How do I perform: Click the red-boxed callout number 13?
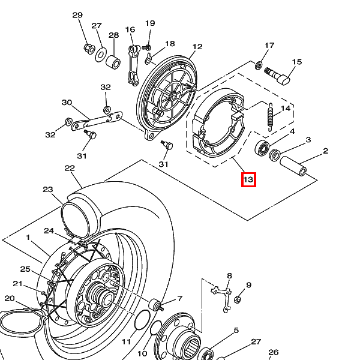pos(248,179)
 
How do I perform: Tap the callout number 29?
pos(77,15)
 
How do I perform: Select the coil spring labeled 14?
pos(271,118)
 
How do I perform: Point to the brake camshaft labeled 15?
pos(277,76)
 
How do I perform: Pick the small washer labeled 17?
pos(259,65)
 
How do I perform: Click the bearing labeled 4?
pos(262,148)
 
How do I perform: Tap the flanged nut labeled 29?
pos(89,49)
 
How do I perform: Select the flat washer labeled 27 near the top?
pos(101,55)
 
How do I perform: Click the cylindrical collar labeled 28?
pos(113,62)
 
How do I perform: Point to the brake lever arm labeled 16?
pos(134,65)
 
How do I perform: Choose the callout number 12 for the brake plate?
pos(197,47)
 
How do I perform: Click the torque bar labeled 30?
pos(97,121)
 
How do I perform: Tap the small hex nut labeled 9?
pos(238,299)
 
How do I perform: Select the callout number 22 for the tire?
pos(70,168)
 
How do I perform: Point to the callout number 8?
pos(229,275)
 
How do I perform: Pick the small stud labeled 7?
pos(156,305)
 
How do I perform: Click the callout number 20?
pos(10,298)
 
